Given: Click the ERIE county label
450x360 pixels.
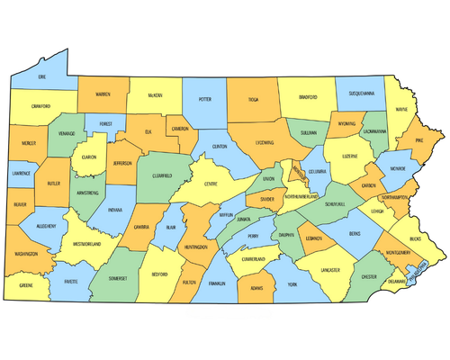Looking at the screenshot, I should tap(41, 77).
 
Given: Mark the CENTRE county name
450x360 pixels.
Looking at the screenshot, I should tap(211, 184).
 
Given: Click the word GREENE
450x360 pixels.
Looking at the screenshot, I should tap(27, 285).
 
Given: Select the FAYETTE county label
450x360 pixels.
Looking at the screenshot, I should tap(68, 282).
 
